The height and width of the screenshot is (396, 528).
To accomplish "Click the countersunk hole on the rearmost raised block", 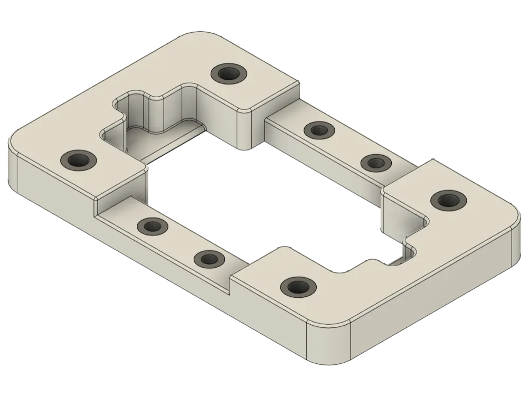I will coord(228,73).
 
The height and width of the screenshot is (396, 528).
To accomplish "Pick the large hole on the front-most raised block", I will coord(298,287).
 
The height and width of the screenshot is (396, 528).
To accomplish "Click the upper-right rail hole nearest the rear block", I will coord(319,129).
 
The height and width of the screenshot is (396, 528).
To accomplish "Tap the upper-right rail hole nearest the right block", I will coord(375,162).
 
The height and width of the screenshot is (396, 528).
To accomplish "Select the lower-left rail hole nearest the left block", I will coord(152,227).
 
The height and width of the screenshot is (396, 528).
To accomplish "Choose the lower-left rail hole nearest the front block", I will coord(208,259).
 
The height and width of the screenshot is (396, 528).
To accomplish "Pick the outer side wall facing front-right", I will coord(433,301).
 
